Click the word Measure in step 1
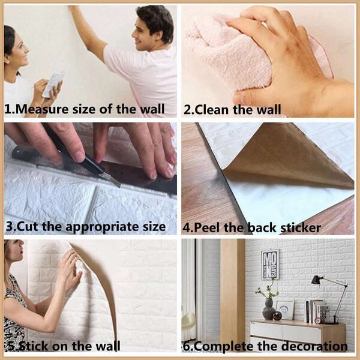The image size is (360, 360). [x=42, y=109]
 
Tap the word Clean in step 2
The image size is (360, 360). [x=212, y=110]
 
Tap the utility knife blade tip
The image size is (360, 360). [x=119, y=186]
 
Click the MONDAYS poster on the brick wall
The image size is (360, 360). [x=270, y=264]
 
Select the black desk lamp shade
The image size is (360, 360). [x=316, y=280]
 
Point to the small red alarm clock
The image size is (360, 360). [x=318, y=320]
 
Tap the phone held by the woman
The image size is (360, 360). [x=53, y=85]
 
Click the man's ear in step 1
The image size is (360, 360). [x=158, y=35]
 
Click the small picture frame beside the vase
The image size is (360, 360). [x=284, y=309]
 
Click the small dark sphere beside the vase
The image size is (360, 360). [x=277, y=316]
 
